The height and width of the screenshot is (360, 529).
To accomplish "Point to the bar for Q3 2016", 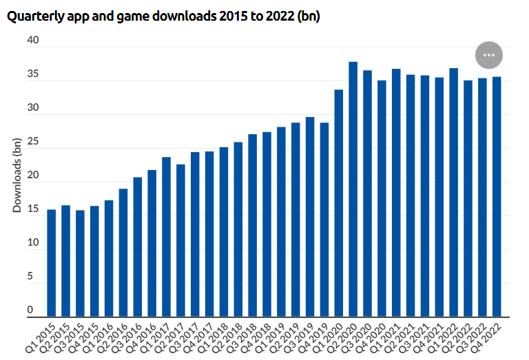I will click(x=137, y=247).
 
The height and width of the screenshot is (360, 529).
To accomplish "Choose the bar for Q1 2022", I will click(x=453, y=193).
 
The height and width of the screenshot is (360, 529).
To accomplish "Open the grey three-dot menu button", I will click(x=489, y=54).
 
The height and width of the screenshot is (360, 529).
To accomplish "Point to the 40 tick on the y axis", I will click(x=34, y=42).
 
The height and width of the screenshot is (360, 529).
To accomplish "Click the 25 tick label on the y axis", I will click(x=34, y=143).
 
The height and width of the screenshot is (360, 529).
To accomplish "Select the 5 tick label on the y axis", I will click(x=30, y=277).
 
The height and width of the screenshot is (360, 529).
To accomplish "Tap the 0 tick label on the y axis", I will click(x=30, y=310).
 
